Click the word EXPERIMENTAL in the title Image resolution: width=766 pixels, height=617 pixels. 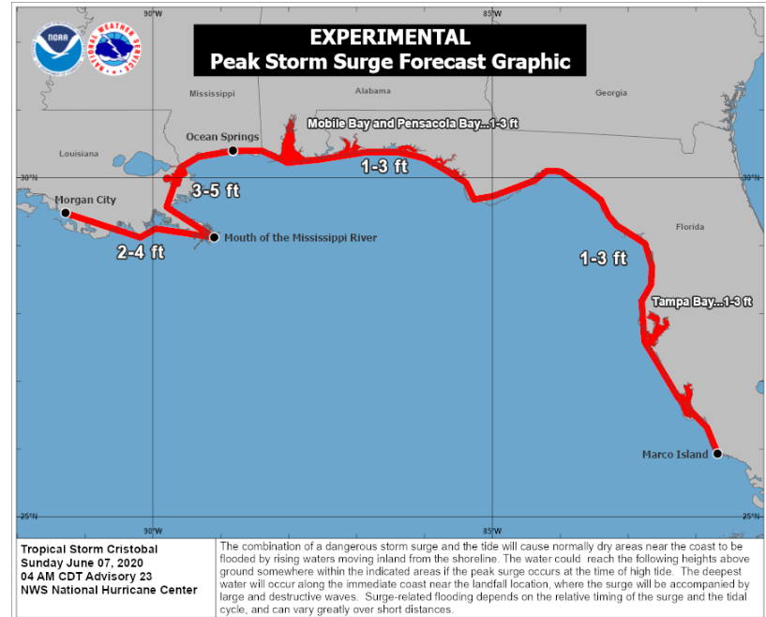click(389, 38)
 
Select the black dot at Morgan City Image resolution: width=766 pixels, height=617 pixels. click(66, 213)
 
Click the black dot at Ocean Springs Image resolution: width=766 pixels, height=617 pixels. click(233, 150)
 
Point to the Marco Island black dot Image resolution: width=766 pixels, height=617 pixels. click(717, 454)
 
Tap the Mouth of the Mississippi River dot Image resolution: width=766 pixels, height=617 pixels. click(214, 237)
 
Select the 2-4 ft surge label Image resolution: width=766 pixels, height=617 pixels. click(141, 252)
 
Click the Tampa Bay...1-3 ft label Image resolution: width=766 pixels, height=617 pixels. click(702, 302)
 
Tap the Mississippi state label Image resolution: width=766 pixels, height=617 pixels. click(212, 94)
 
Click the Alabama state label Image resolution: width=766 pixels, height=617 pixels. click(373, 91)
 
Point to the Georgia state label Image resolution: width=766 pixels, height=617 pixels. click(610, 93)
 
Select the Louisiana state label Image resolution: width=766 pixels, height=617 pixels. click(78, 153)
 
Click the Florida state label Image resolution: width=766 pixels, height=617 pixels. click(691, 227)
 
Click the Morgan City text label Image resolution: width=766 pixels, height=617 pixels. click(85, 200)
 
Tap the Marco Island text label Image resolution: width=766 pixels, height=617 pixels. click(675, 455)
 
